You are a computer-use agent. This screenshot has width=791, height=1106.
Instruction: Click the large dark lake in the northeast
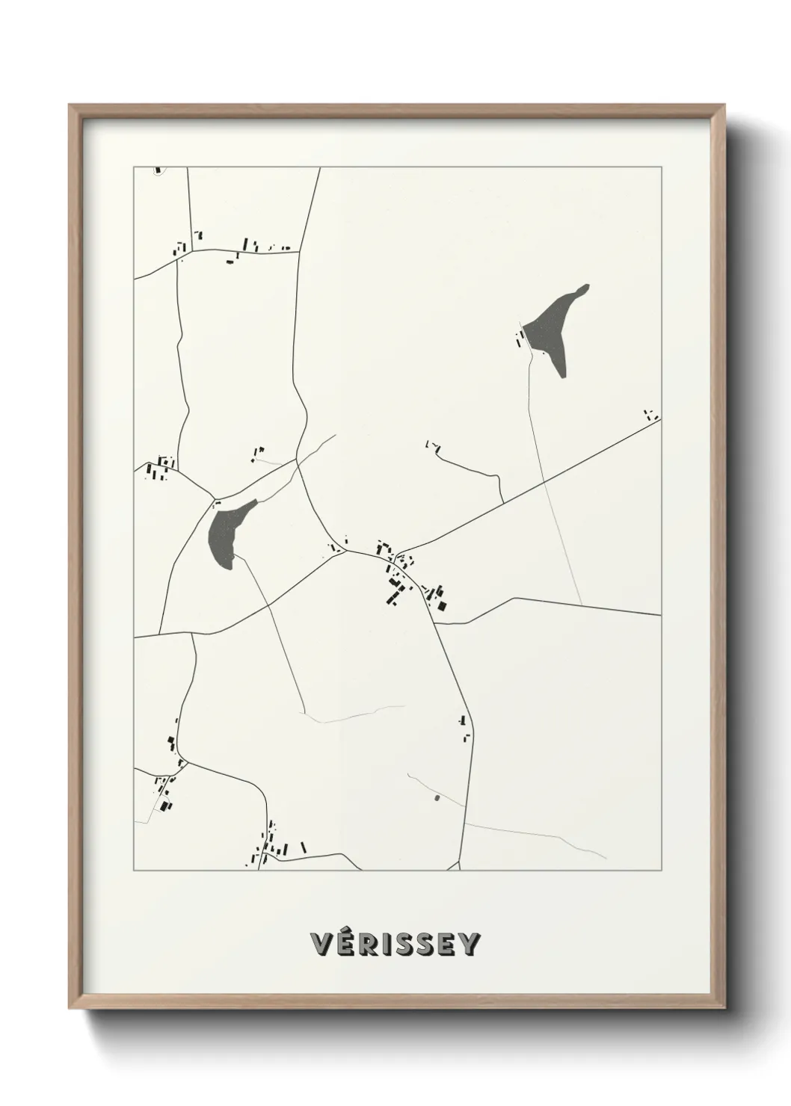pos(553,329)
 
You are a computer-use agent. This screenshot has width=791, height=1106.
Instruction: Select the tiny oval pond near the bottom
pos(437,798)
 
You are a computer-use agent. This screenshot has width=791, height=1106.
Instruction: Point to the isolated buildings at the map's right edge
pos(651,414)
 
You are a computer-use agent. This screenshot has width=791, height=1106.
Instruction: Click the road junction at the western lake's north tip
pos(217,498)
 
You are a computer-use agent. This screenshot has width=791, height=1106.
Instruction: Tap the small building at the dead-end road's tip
pos(430,445)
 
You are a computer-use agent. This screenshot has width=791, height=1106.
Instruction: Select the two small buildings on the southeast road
pos(464,728)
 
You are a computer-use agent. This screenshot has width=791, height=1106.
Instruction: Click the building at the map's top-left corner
pos(158,170)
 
